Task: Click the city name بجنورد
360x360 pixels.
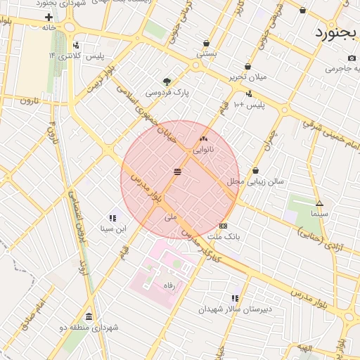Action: [x=335, y=33]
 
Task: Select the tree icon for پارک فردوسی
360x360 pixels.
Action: [x=167, y=81]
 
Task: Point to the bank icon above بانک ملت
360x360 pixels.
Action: [x=223, y=226]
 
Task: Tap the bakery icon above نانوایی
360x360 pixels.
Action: [x=204, y=139]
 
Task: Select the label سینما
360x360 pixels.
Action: [x=319, y=213]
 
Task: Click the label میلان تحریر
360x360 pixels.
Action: [x=247, y=77]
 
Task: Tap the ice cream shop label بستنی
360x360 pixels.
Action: [x=206, y=53]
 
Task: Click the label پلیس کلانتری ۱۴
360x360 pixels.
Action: [x=75, y=56]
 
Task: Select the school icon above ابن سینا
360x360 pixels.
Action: [x=112, y=218]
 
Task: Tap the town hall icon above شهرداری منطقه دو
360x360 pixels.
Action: [x=89, y=317]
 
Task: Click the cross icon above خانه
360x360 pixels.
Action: [x=49, y=16]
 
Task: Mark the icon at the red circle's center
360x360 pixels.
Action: [x=177, y=172]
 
